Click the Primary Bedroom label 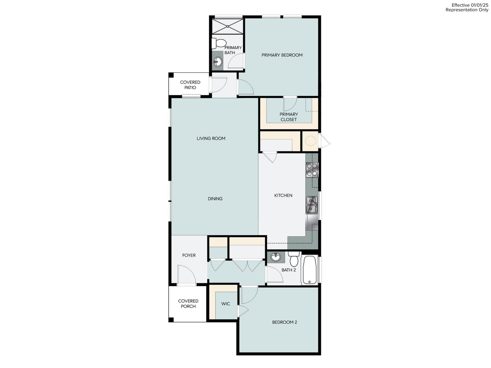click(x=282, y=55)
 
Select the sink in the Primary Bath click(x=218, y=61)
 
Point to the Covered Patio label click(x=190, y=85)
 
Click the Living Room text click(x=211, y=139)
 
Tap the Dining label click(x=215, y=199)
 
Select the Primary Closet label click(x=288, y=117)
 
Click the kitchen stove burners click(x=312, y=170)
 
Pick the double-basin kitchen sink click(x=311, y=205)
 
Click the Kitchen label click(x=283, y=195)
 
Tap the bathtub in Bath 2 click(x=309, y=270)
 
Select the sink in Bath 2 click(x=275, y=257)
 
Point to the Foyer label click(x=189, y=255)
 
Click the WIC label click(x=226, y=304)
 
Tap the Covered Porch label click(x=188, y=304)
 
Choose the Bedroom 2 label click(x=284, y=322)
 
